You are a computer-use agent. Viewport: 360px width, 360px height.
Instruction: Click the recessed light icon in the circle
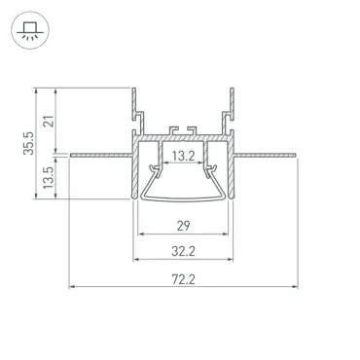pyautogui.click(x=29, y=31)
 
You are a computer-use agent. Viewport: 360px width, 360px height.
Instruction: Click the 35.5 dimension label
pyautogui.click(x=28, y=143)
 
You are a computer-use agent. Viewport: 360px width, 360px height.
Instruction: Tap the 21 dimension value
pyautogui.click(x=49, y=121)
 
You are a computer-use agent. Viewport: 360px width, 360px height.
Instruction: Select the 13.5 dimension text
pyautogui.click(x=49, y=178)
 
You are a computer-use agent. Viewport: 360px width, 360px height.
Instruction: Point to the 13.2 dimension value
pyautogui.click(x=183, y=156)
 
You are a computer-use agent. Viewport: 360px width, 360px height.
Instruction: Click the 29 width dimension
pyautogui.click(x=183, y=226)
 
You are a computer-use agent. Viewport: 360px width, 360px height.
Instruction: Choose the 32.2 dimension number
pyautogui.click(x=183, y=251)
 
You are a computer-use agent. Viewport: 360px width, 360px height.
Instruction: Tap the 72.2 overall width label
pyautogui.click(x=183, y=279)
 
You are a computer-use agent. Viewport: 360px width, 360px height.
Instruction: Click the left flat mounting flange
pyautogui.click(x=101, y=156)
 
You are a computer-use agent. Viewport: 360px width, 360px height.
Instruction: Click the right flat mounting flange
pyautogui.click(x=266, y=156)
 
